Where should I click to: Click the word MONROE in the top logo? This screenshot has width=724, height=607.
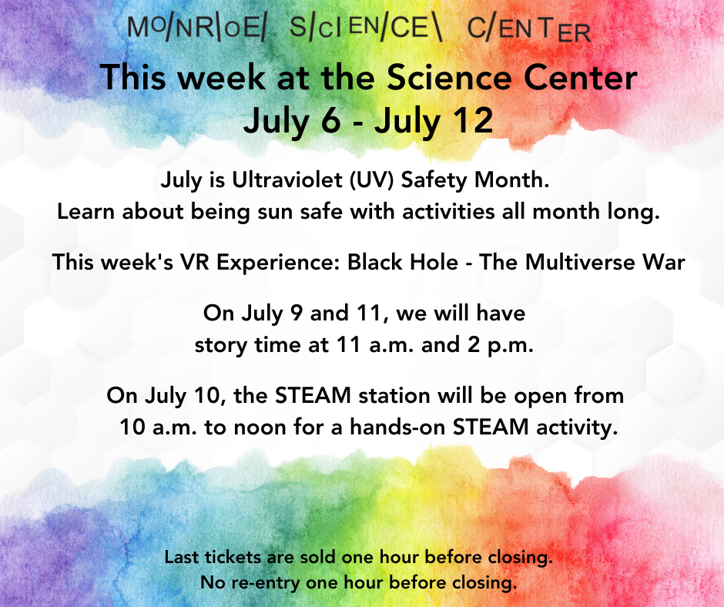(196, 29)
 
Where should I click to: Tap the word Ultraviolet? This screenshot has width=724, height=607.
(287, 179)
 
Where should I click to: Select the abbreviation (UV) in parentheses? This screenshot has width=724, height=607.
(372, 179)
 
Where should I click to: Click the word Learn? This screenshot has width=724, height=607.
(86, 212)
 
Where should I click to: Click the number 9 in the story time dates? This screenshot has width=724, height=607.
(297, 314)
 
